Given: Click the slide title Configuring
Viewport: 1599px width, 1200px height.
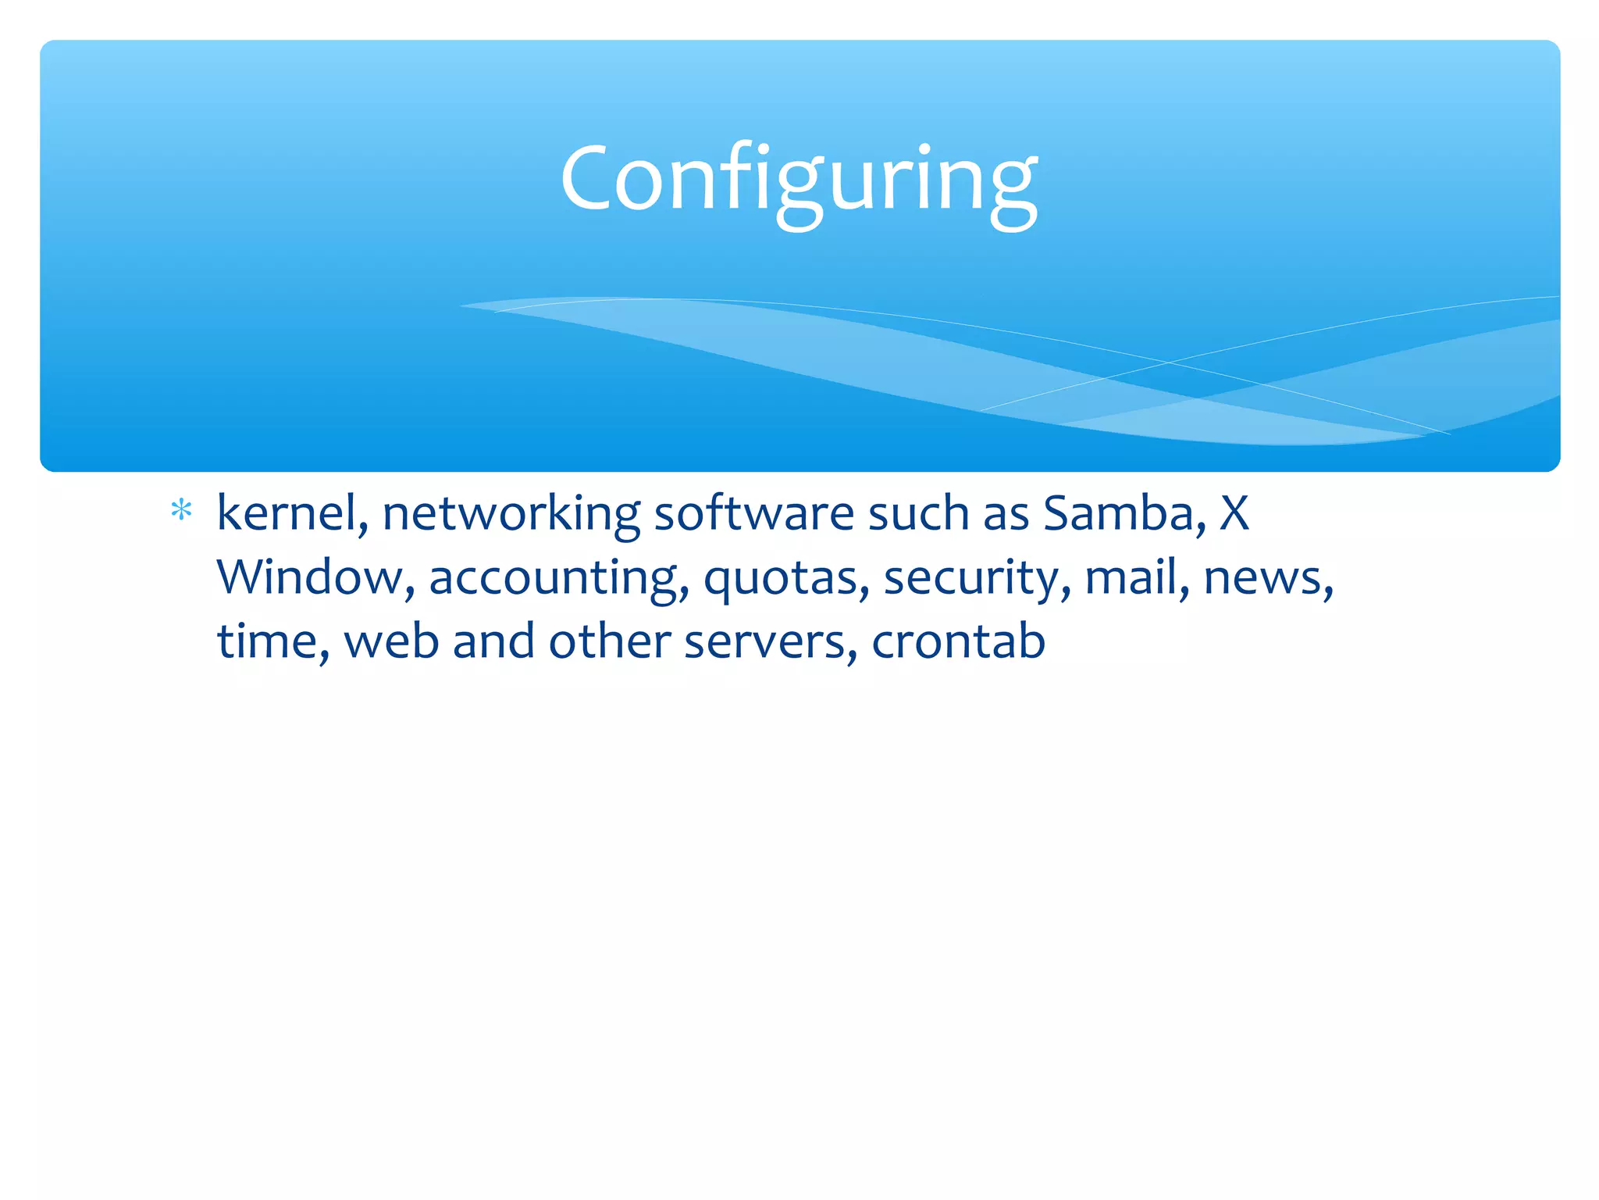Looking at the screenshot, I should (799, 180).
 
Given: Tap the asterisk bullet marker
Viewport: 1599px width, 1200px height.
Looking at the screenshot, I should (181, 511).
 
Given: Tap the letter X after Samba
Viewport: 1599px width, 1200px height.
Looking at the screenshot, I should (1234, 514).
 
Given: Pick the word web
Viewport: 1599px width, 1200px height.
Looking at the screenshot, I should (391, 642).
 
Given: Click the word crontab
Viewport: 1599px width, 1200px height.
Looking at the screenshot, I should (958, 642).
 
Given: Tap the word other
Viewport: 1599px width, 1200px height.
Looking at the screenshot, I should (609, 642).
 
